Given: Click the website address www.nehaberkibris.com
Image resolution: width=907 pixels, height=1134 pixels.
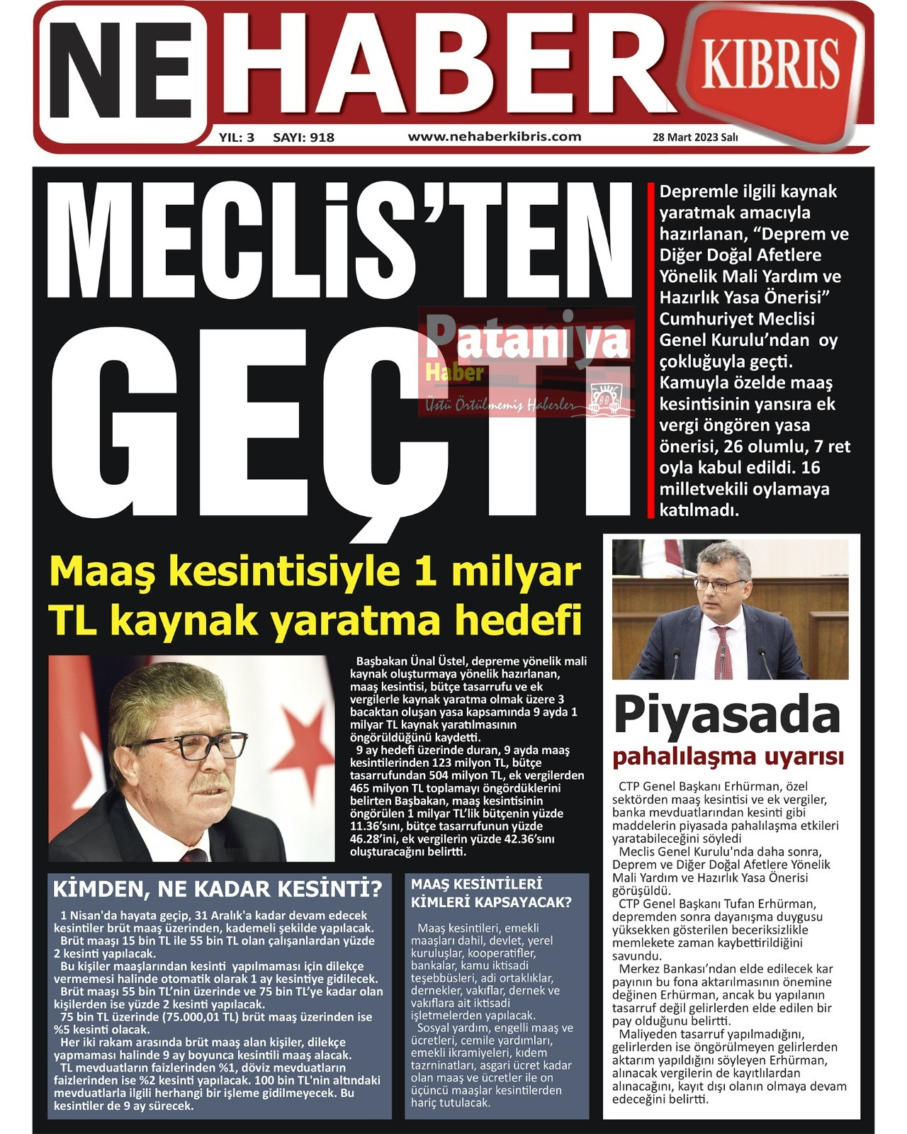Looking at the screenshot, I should pyautogui.click(x=495, y=137).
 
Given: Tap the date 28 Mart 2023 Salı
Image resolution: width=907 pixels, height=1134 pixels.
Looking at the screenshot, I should pyautogui.click(x=694, y=137).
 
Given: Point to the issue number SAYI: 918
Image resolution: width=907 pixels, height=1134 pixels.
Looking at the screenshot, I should pyautogui.click(x=303, y=137).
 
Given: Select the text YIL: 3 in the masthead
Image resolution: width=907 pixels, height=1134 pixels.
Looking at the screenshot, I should pyautogui.click(x=237, y=137).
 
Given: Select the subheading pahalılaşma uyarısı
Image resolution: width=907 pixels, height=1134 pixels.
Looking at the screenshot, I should pyautogui.click(x=728, y=757).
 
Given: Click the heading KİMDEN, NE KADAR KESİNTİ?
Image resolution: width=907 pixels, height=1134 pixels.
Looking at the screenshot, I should pyautogui.click(x=218, y=889).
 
